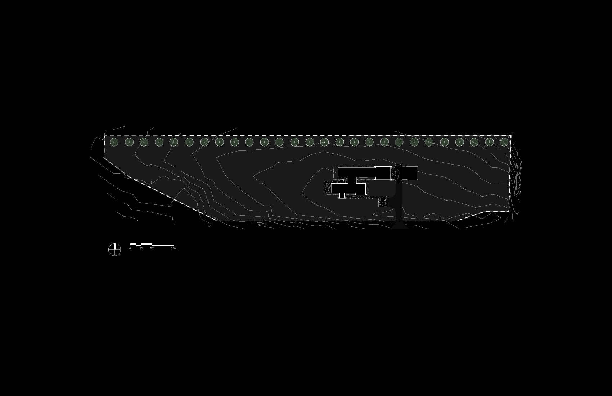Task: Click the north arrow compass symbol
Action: (114, 249)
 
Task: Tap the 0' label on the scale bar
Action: (130, 248)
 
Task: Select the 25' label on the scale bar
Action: (141, 248)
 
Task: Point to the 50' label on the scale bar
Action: (152, 248)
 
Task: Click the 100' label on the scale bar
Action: (174, 248)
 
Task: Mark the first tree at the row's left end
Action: (114, 142)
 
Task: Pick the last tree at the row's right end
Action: (504, 142)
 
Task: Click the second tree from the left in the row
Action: (129, 142)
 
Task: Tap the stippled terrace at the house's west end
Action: (327, 187)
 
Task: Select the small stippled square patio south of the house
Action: (382, 202)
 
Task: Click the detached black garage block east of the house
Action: (410, 173)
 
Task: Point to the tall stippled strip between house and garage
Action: (399, 173)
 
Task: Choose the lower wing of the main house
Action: (348, 189)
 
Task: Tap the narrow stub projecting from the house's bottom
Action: (342, 195)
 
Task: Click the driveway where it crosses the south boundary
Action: (399, 221)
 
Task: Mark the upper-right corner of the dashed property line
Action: (511, 136)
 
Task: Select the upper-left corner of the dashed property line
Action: (104, 136)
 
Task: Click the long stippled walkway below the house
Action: (365, 197)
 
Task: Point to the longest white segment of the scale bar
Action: (163, 246)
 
